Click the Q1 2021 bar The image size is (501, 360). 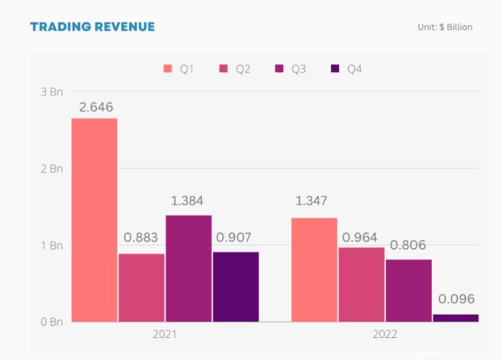pyautogui.click(x=94, y=219)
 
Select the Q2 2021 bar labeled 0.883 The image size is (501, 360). pyautogui.click(x=141, y=287)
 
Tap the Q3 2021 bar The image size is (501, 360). pyautogui.click(x=188, y=268)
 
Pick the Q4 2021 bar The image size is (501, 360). pyautogui.click(x=236, y=287)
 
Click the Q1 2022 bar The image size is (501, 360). pyautogui.click(x=314, y=269)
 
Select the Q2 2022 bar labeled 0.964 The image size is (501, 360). pyautogui.click(x=361, y=284)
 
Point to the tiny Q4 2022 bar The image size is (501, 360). pyautogui.click(x=456, y=317)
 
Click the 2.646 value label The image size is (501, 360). pyautogui.click(x=96, y=107)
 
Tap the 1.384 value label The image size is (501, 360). pyautogui.click(x=186, y=202)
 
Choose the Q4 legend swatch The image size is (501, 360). pyautogui.click(x=335, y=69)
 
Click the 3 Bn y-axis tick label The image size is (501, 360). pyautogui.click(x=52, y=91)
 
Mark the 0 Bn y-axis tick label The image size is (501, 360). pyautogui.click(x=52, y=322)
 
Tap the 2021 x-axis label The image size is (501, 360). pyautogui.click(x=164, y=335)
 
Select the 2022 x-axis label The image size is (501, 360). pyautogui.click(x=384, y=335)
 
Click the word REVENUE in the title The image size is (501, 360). pyautogui.click(x=121, y=27)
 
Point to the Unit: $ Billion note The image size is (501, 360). pyautogui.click(x=445, y=27)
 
